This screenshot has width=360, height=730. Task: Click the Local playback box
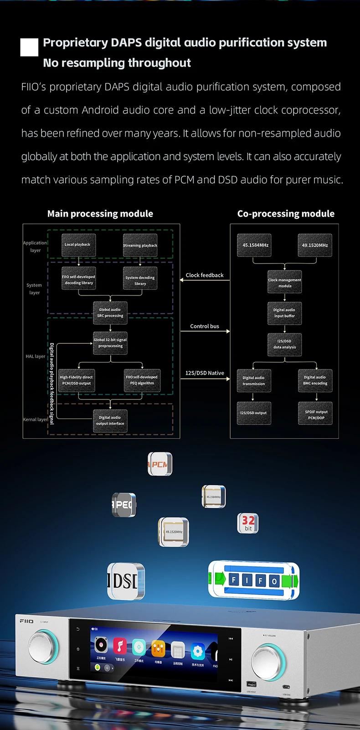[77, 245]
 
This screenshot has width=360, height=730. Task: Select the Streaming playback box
[140, 245]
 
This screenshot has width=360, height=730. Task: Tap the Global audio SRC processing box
[110, 313]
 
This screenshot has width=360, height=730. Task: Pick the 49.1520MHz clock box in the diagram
[315, 245]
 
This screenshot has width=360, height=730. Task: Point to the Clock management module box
[284, 283]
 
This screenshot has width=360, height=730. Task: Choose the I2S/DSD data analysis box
[284, 344]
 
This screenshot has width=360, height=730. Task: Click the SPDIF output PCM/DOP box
[316, 414]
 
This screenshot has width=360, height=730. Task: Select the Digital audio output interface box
[110, 420]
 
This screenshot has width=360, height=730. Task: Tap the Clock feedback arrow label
[205, 275]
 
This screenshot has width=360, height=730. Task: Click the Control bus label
[205, 326]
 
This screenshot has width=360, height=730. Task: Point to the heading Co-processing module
[286, 214]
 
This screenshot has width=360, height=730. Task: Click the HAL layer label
[36, 357]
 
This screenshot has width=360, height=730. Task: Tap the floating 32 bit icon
[248, 523]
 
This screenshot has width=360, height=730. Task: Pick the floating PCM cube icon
[160, 465]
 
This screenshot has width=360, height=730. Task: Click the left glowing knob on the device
[44, 646]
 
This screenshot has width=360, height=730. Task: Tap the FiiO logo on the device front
[26, 621]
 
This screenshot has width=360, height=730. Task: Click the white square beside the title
[30, 47]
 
